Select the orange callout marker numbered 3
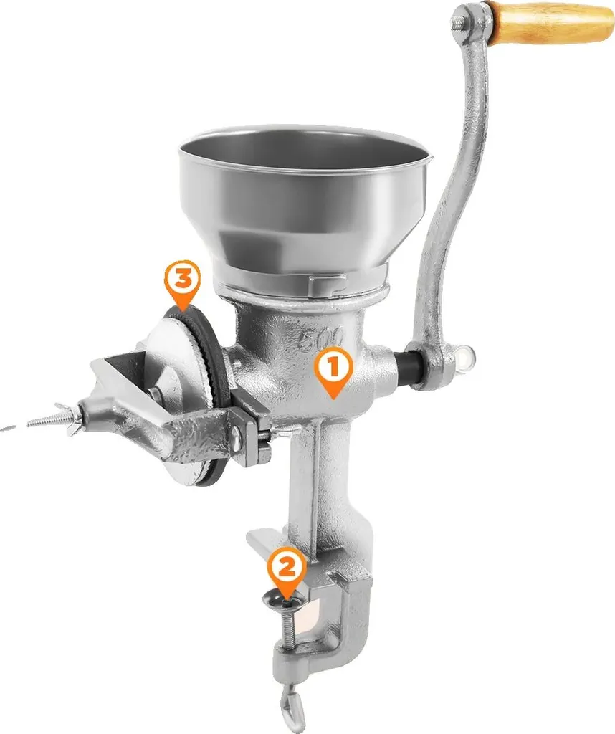coord(183,284)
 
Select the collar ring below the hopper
coord(302,289)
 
